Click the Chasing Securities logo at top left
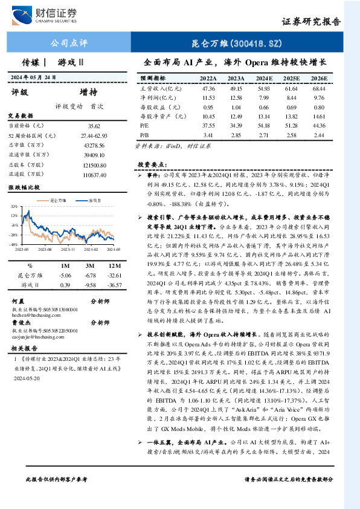click(46, 13)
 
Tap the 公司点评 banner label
click(68, 43)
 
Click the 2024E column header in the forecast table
click(264, 79)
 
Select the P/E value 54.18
click(264, 125)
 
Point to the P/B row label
click(144, 134)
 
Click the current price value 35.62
click(94, 125)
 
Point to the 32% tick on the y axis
click(13, 206)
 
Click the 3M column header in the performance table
click(89, 265)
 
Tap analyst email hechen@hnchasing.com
click(37, 314)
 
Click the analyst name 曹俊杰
click(22, 323)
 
